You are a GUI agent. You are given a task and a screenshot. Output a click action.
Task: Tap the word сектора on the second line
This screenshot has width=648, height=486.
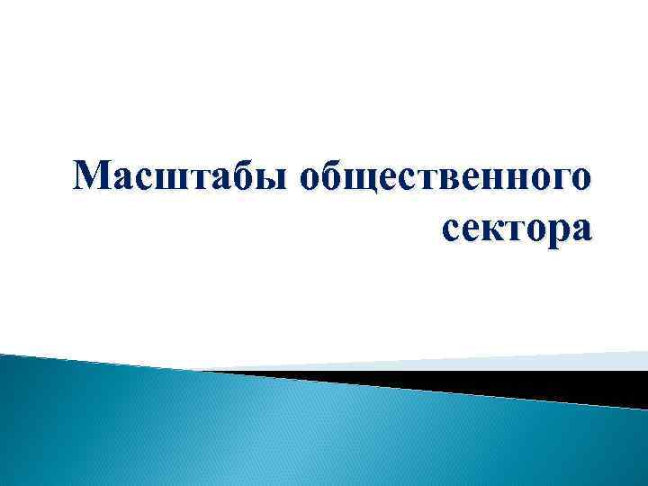(x=517, y=230)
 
